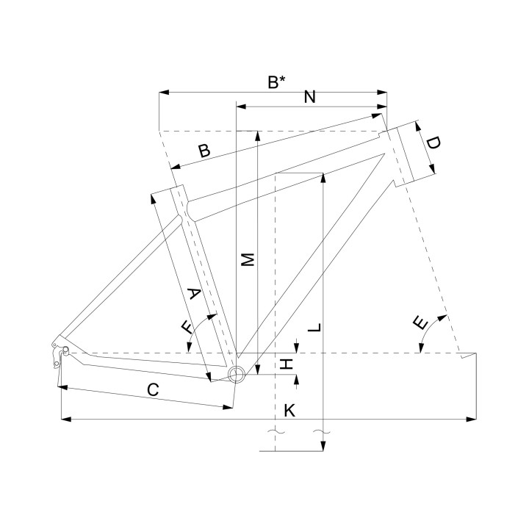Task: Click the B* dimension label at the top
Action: (276, 82)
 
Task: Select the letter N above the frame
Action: (310, 97)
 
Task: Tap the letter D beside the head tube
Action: (433, 143)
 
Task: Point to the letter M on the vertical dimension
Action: (248, 259)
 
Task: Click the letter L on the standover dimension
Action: (314, 327)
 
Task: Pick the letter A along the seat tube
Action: (194, 293)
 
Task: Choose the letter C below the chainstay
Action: (153, 389)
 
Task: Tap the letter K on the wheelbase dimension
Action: (289, 411)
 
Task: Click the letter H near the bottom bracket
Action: (287, 364)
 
